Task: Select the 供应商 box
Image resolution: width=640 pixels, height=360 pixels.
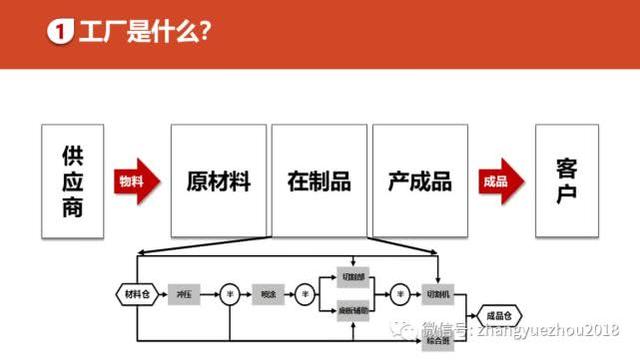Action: click(72, 181)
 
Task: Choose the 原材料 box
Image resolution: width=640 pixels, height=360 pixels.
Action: click(218, 181)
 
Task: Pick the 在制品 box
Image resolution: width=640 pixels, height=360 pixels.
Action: click(319, 181)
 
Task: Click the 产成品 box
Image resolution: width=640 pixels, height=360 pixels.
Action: click(420, 181)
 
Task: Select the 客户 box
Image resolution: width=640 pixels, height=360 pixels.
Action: click(566, 181)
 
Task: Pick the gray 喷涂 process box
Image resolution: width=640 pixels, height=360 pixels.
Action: click(268, 293)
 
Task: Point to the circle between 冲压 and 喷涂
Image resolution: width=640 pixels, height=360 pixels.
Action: click(228, 293)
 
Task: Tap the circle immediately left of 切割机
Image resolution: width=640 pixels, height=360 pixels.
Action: click(400, 293)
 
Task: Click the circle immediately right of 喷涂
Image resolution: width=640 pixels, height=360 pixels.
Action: click(305, 293)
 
